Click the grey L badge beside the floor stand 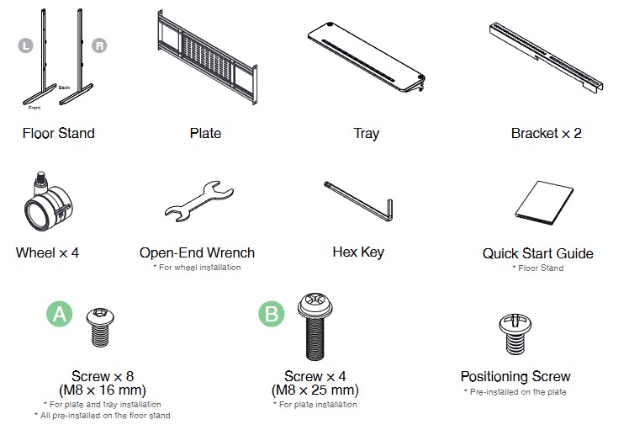(x=26, y=45)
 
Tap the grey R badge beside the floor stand (x=99, y=45)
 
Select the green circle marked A (x=60, y=314)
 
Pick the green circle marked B (x=272, y=314)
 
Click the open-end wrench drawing (x=199, y=201)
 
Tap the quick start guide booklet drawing (x=544, y=203)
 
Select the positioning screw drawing (x=515, y=334)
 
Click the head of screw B (x=315, y=305)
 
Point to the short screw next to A (x=100, y=327)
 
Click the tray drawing (x=367, y=56)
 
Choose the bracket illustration (x=546, y=56)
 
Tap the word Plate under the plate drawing (x=205, y=133)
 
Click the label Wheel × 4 (x=47, y=253)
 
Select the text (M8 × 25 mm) (x=314, y=390)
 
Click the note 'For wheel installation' (x=197, y=268)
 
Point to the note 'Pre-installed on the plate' (x=515, y=392)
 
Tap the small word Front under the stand (x=34, y=108)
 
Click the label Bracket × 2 (x=546, y=133)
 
